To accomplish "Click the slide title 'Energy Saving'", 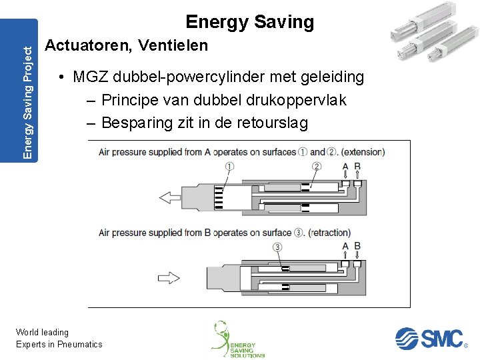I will point(249,22).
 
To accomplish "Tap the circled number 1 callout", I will point(230,167).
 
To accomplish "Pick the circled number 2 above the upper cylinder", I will point(316,167).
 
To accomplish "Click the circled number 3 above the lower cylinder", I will point(277,247).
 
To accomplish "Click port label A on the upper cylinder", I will point(345,167).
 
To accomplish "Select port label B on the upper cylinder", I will point(357,167).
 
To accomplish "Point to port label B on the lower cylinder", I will point(357,247).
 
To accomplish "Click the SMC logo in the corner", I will point(429,338).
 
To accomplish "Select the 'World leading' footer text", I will point(42,332).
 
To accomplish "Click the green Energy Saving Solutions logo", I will point(237,339).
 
